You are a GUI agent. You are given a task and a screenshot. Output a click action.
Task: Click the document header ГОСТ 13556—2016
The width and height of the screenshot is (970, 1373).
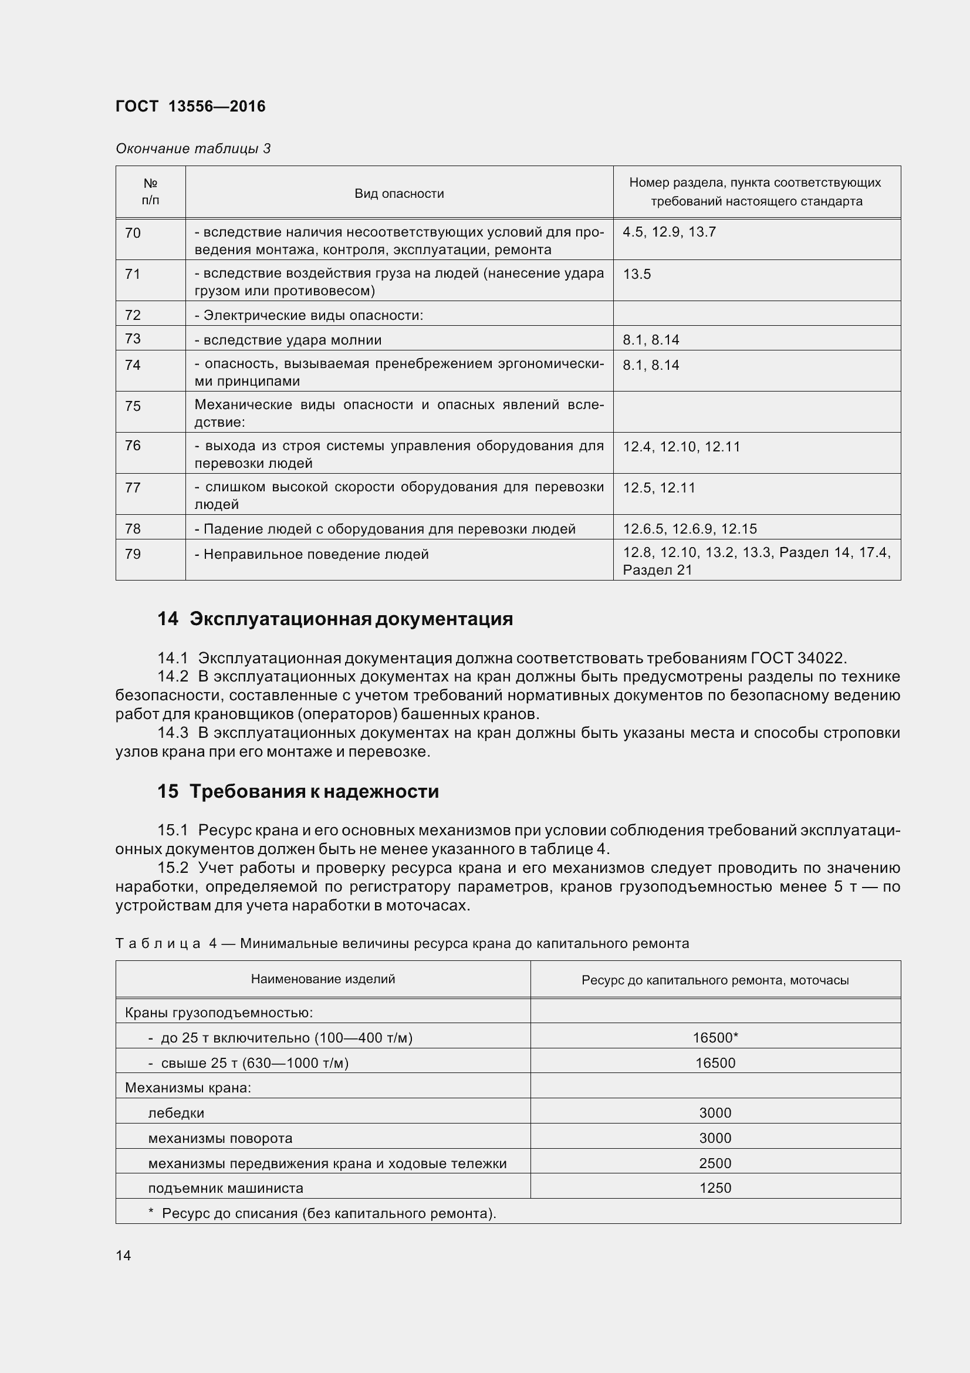190,106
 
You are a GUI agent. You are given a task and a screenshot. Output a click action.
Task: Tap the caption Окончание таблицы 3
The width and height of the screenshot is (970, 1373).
193,149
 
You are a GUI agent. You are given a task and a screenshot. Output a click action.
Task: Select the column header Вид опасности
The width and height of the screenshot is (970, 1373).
398,193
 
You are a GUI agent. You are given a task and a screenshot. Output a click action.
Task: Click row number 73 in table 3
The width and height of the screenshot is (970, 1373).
133,339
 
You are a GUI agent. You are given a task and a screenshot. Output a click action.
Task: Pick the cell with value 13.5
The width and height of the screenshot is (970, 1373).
637,275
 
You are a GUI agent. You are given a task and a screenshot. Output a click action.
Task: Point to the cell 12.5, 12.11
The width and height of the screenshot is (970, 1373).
658,488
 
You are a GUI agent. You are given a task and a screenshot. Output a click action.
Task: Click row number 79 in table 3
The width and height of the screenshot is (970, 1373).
133,554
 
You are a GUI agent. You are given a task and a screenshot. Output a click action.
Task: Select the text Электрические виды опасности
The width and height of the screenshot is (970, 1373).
313,315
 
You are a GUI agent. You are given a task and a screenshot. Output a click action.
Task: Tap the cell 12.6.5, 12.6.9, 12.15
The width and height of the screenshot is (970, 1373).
690,529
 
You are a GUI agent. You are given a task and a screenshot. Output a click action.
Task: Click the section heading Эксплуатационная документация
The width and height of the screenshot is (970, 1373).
351,619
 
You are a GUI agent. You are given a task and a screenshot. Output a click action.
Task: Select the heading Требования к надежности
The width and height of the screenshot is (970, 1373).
314,791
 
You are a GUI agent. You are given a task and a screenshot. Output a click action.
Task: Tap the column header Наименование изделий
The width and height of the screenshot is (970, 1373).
323,979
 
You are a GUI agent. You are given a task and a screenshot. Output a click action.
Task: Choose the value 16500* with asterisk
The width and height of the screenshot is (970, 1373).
715,1037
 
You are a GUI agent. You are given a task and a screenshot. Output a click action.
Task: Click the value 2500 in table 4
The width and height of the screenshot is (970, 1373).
715,1163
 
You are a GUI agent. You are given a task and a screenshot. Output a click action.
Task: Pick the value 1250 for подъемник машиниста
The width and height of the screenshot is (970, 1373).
715,1188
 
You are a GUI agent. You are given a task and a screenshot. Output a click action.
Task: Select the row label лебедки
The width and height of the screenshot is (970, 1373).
175,1113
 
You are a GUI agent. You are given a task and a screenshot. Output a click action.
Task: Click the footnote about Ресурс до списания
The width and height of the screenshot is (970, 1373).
323,1213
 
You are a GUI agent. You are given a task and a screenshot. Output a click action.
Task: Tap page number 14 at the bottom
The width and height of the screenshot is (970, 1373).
123,1255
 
